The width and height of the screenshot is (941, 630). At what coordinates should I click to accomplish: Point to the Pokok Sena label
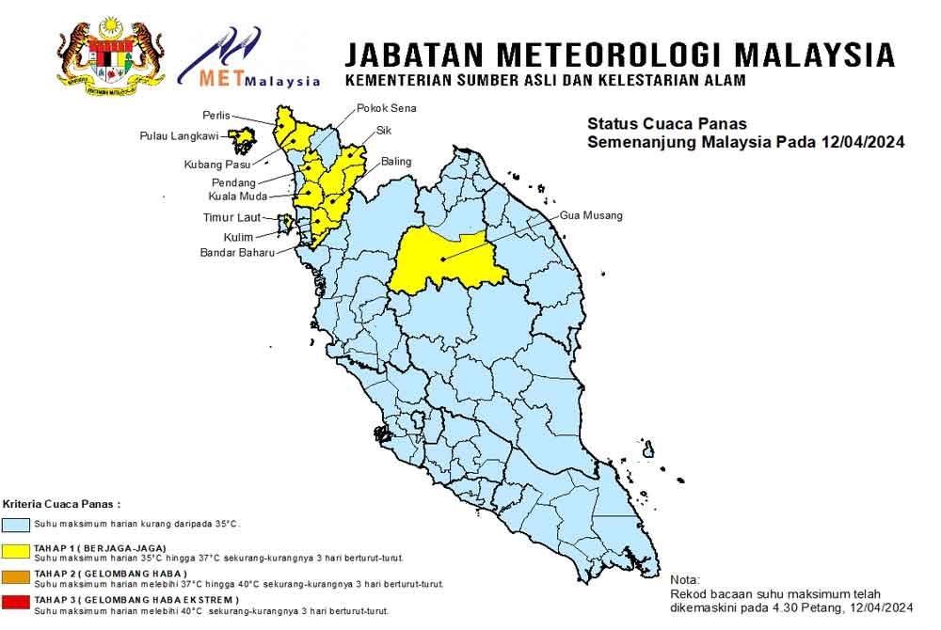[386, 108]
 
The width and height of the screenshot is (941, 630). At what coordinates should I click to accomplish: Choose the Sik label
[383, 130]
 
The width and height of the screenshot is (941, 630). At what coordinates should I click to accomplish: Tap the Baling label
[396, 162]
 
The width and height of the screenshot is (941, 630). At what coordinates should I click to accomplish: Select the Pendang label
[233, 181]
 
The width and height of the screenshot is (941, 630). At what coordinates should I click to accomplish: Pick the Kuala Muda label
[237, 197]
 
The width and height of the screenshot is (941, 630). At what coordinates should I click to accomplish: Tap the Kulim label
[238, 237]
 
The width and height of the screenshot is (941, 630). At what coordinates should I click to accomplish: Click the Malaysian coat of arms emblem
[111, 55]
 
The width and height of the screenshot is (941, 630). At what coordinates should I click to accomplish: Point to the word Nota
[685, 580]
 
